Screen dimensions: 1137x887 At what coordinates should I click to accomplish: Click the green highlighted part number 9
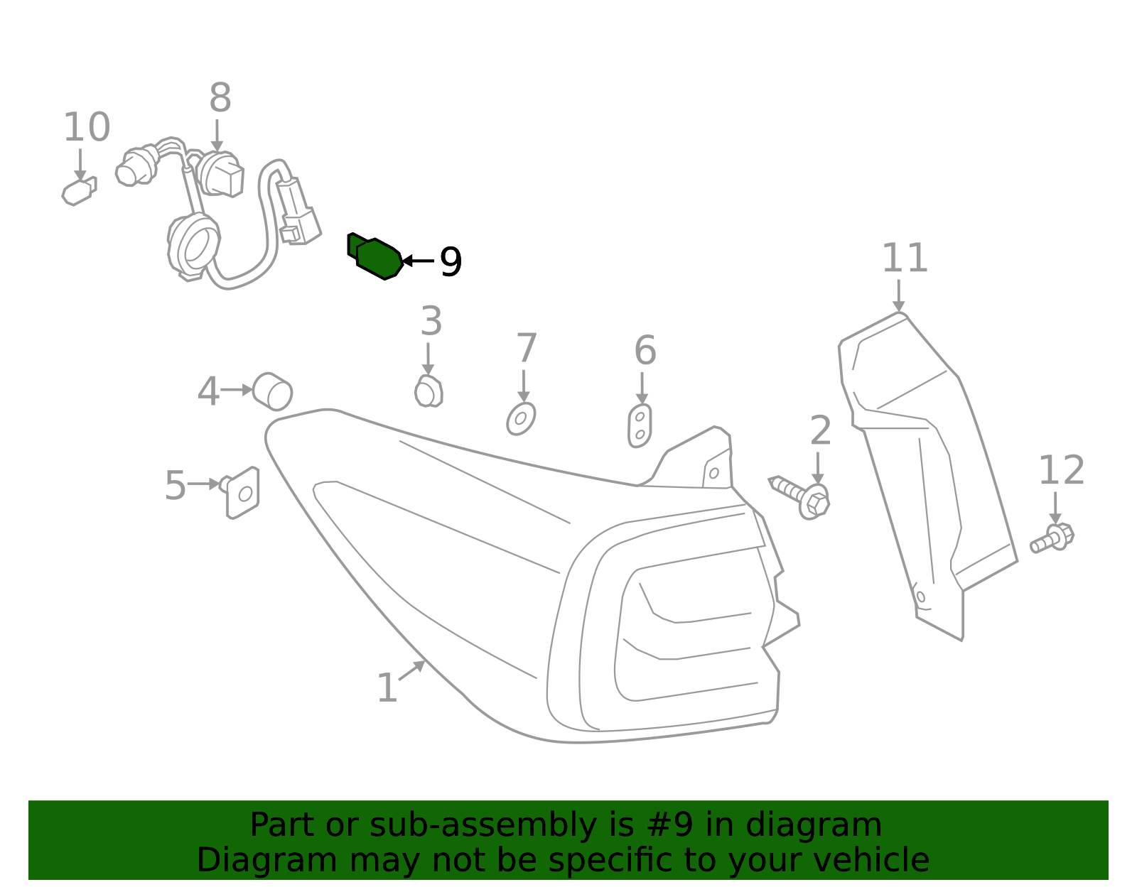click(375, 256)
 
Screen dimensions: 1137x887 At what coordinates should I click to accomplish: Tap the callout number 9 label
click(451, 261)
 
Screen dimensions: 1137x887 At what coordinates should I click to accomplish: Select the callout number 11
click(905, 258)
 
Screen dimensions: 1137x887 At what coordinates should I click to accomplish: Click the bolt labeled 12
click(1052, 538)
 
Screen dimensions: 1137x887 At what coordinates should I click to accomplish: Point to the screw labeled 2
click(801, 498)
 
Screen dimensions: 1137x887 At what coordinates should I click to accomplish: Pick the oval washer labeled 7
click(521, 419)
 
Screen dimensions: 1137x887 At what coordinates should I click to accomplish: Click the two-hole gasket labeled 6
click(640, 425)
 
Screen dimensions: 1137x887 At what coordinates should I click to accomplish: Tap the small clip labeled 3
click(429, 391)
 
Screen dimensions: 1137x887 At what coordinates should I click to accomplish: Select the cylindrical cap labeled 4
click(272, 391)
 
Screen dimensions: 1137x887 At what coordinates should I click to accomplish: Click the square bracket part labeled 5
click(241, 493)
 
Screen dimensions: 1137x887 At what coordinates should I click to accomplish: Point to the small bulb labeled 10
click(79, 191)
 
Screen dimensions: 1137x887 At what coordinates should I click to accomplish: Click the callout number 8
click(220, 97)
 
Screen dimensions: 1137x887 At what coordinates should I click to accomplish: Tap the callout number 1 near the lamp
click(387, 687)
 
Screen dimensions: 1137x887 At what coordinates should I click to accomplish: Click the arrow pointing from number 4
click(237, 390)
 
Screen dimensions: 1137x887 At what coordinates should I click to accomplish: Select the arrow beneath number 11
click(898, 296)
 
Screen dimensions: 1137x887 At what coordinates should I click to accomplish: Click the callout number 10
click(87, 127)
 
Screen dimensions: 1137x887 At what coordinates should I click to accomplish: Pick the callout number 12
click(1061, 470)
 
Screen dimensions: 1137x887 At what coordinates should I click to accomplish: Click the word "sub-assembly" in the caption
click(483, 825)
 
